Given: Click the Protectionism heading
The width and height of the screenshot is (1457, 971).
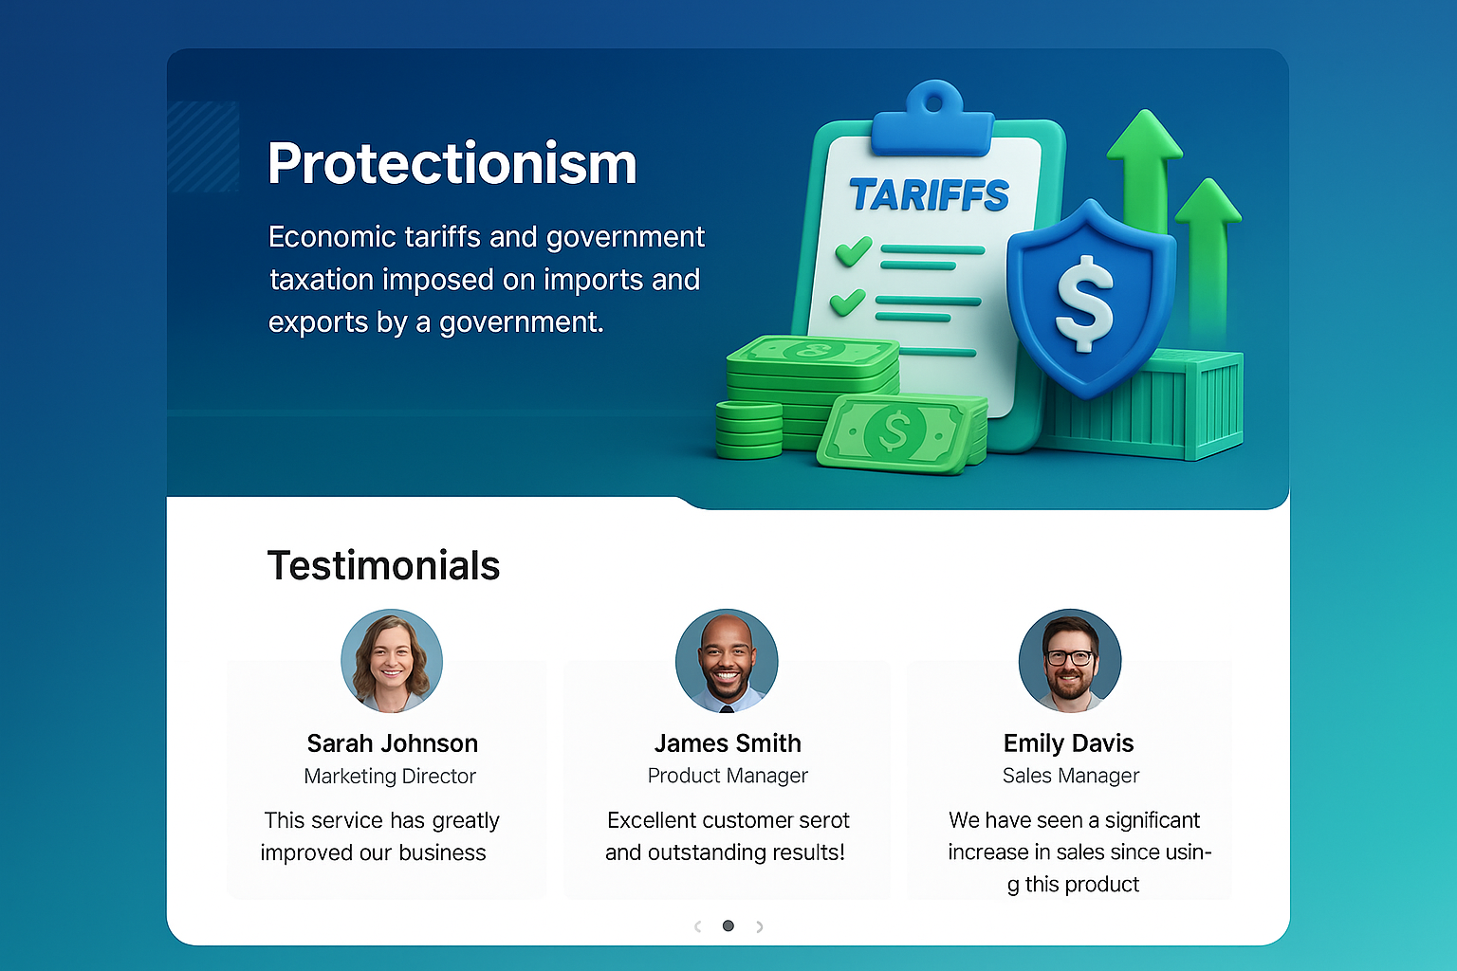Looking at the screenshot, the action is click(452, 164).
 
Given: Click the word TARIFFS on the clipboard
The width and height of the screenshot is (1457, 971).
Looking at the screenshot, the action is click(930, 194).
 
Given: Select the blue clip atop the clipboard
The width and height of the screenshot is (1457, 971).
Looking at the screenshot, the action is click(932, 119).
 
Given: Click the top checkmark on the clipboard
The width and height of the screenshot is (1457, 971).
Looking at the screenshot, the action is click(854, 251).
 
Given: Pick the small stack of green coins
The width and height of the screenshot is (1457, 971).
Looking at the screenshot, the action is click(748, 430).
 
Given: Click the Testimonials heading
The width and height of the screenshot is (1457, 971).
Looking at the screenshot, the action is click(384, 565).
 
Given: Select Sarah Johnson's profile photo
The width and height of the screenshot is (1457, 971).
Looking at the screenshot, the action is click(392, 660).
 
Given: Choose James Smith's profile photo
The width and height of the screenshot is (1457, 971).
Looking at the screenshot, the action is click(727, 660).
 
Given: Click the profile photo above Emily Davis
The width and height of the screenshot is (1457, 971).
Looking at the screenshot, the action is click(1070, 660).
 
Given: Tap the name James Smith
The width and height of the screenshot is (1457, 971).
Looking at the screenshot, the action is click(728, 743).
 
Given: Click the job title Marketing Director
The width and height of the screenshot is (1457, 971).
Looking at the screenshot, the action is click(390, 776).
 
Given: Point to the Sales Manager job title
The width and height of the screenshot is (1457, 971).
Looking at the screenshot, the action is click(1071, 776).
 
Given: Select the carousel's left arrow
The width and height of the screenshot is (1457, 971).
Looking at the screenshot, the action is click(698, 926).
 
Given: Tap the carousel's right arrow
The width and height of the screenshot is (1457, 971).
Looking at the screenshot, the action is click(759, 926).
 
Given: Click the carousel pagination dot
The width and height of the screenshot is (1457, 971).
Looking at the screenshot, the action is click(728, 925).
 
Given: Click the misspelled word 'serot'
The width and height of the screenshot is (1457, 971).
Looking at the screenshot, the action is click(824, 821).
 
